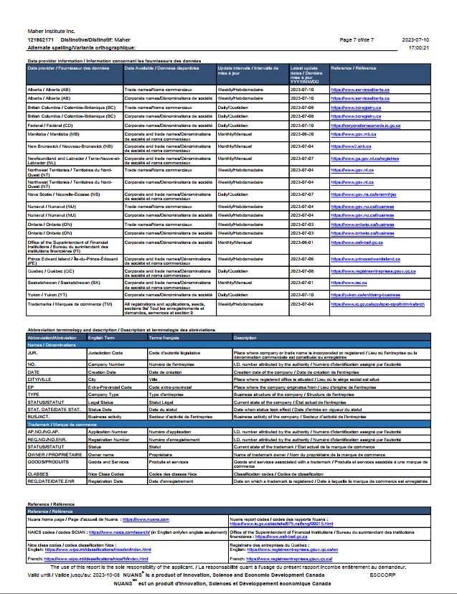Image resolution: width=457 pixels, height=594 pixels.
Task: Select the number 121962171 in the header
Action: click(x=41, y=40)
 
